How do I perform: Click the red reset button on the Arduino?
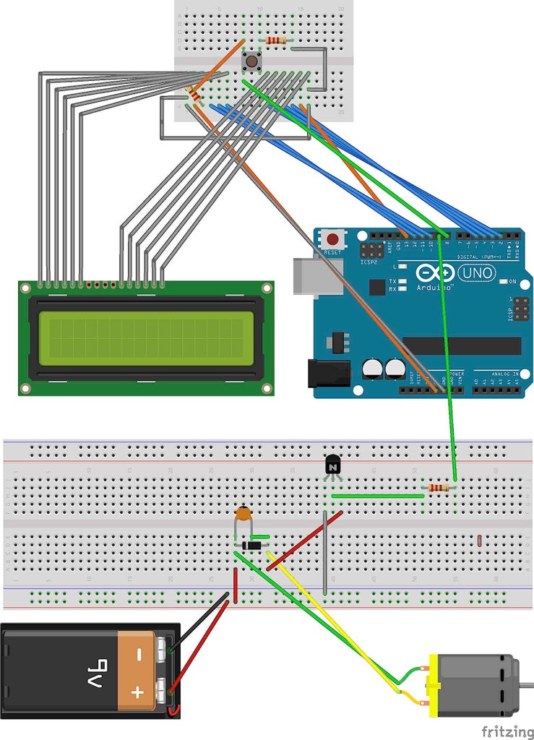(333, 238)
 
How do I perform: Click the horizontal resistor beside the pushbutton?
(275, 40)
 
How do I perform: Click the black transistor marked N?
(332, 465)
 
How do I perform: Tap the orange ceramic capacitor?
(245, 515)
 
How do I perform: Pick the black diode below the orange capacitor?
(251, 546)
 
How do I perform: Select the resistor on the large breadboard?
(437, 489)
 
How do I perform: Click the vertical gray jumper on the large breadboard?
(326, 554)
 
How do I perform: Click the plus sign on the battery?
(136, 694)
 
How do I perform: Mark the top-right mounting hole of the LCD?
(267, 288)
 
